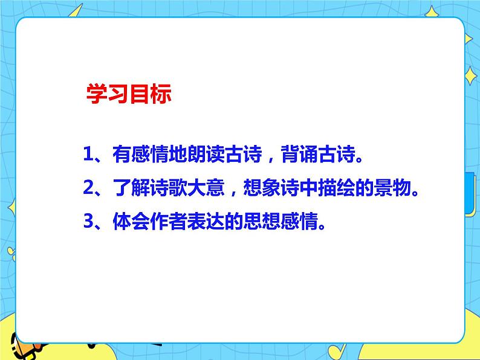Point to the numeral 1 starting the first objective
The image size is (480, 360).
[x=88, y=156]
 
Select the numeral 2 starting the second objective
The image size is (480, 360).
[x=88, y=189]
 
